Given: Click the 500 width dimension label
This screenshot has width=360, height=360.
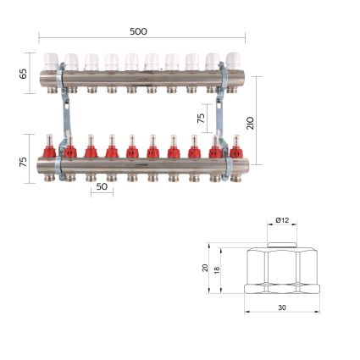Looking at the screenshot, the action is (138, 31).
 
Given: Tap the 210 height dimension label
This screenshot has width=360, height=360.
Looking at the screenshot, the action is (251, 123).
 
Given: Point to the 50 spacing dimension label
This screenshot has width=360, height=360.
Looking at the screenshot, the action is (102, 187).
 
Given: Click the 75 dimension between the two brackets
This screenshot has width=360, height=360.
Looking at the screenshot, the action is (201, 119).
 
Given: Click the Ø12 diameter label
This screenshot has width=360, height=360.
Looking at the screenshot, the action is (282, 220).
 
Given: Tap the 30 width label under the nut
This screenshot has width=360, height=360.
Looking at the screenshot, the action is (282, 307).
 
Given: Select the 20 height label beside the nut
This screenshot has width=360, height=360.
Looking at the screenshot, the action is (205, 268).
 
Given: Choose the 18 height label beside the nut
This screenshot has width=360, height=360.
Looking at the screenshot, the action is (217, 270).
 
